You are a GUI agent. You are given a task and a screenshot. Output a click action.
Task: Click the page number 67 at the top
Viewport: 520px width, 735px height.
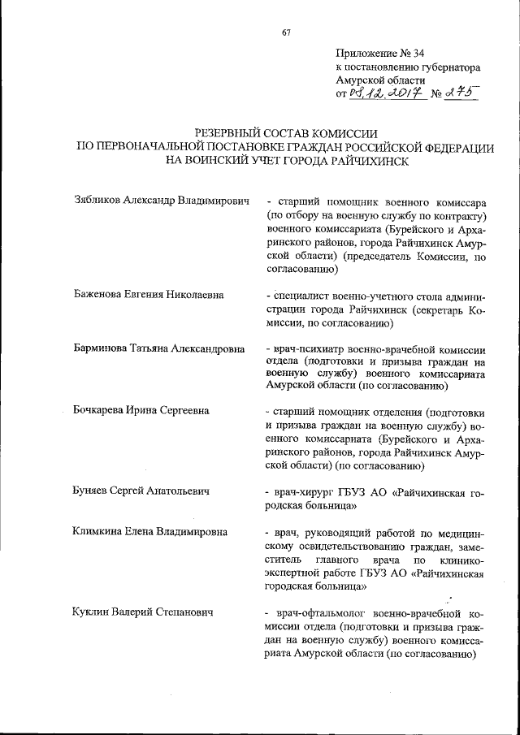pyautogui.click(x=286, y=32)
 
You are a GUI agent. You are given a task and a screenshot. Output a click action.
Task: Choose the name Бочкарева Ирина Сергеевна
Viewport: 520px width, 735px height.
pyautogui.click(x=141, y=411)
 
